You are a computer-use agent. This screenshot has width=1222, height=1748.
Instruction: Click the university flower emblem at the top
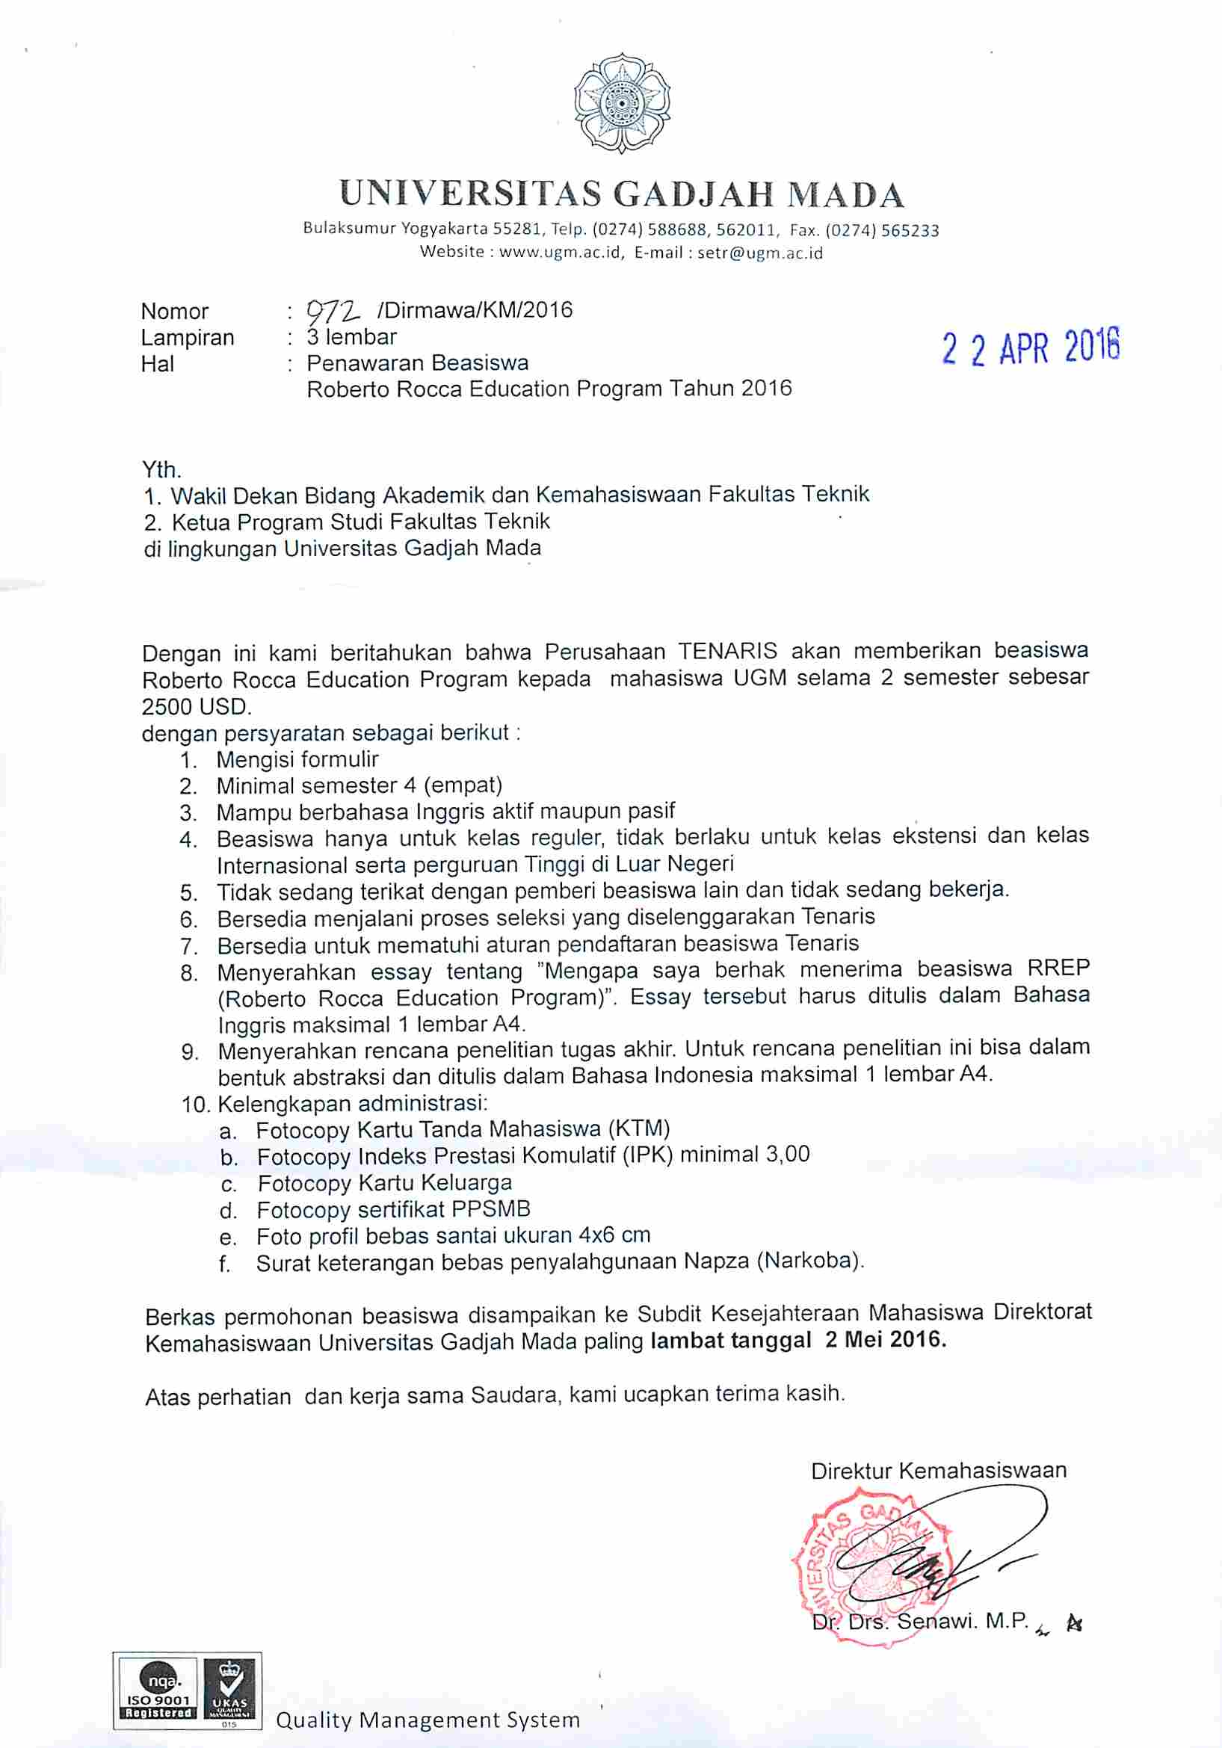(x=622, y=102)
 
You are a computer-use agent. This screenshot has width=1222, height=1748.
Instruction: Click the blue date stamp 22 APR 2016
(x=1030, y=350)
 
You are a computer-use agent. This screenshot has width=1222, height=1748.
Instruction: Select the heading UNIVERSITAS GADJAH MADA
(x=621, y=194)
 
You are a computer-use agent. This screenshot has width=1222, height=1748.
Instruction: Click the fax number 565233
(x=910, y=230)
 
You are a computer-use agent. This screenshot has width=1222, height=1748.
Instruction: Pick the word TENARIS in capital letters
(x=727, y=651)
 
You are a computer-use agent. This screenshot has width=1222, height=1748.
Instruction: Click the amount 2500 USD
(x=196, y=705)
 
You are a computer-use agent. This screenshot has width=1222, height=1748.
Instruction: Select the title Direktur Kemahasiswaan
(x=938, y=1470)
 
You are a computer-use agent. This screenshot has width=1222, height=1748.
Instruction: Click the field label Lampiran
(x=188, y=337)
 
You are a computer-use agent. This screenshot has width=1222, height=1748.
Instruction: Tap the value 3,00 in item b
(x=787, y=1154)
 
